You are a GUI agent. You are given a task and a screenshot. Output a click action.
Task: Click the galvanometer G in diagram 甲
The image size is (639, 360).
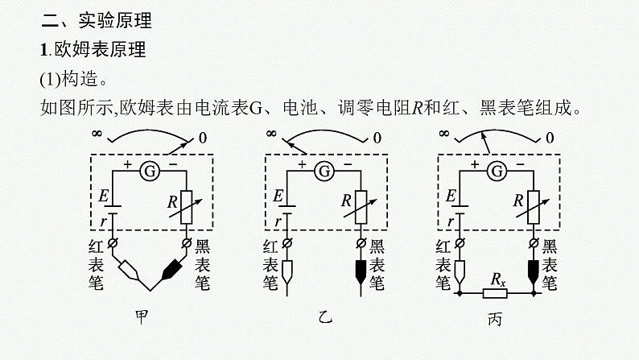[149, 171]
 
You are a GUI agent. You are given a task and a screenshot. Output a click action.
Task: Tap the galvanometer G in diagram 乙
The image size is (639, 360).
[324, 171]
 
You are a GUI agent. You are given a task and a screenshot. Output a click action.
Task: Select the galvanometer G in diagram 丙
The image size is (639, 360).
[497, 171]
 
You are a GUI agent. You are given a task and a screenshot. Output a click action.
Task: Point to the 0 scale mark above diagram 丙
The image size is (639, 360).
[550, 138]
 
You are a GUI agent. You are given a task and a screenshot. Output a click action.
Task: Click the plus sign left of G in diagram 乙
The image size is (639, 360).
[302, 163]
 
